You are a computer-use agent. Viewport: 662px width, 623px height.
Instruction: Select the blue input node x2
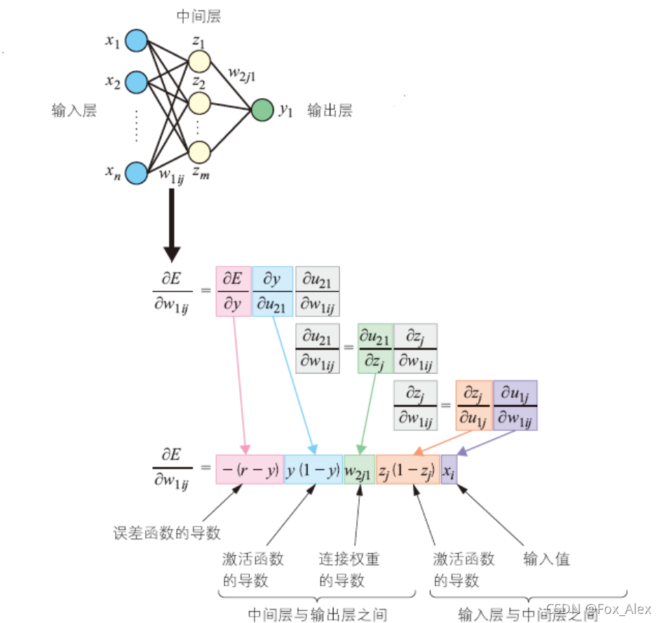pos(136,82)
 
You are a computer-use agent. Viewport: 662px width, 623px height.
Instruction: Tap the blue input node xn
pos(136,173)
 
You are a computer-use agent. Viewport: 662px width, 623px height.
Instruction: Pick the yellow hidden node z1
pos(199,61)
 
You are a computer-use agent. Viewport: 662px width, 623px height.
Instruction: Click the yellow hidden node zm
pos(199,151)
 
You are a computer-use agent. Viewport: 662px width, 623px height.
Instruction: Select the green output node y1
pos(262,110)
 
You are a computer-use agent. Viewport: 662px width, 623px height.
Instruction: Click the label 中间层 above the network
pos(200,15)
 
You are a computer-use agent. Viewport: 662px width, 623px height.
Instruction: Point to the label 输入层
pos(74,110)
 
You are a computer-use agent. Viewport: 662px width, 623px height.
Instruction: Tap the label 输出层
pos(329,110)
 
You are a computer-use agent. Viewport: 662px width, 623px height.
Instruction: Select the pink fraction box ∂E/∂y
pos(233,291)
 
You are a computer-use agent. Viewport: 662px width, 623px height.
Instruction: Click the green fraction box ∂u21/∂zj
pos(375,348)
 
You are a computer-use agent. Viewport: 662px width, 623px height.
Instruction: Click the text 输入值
pos(546,558)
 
